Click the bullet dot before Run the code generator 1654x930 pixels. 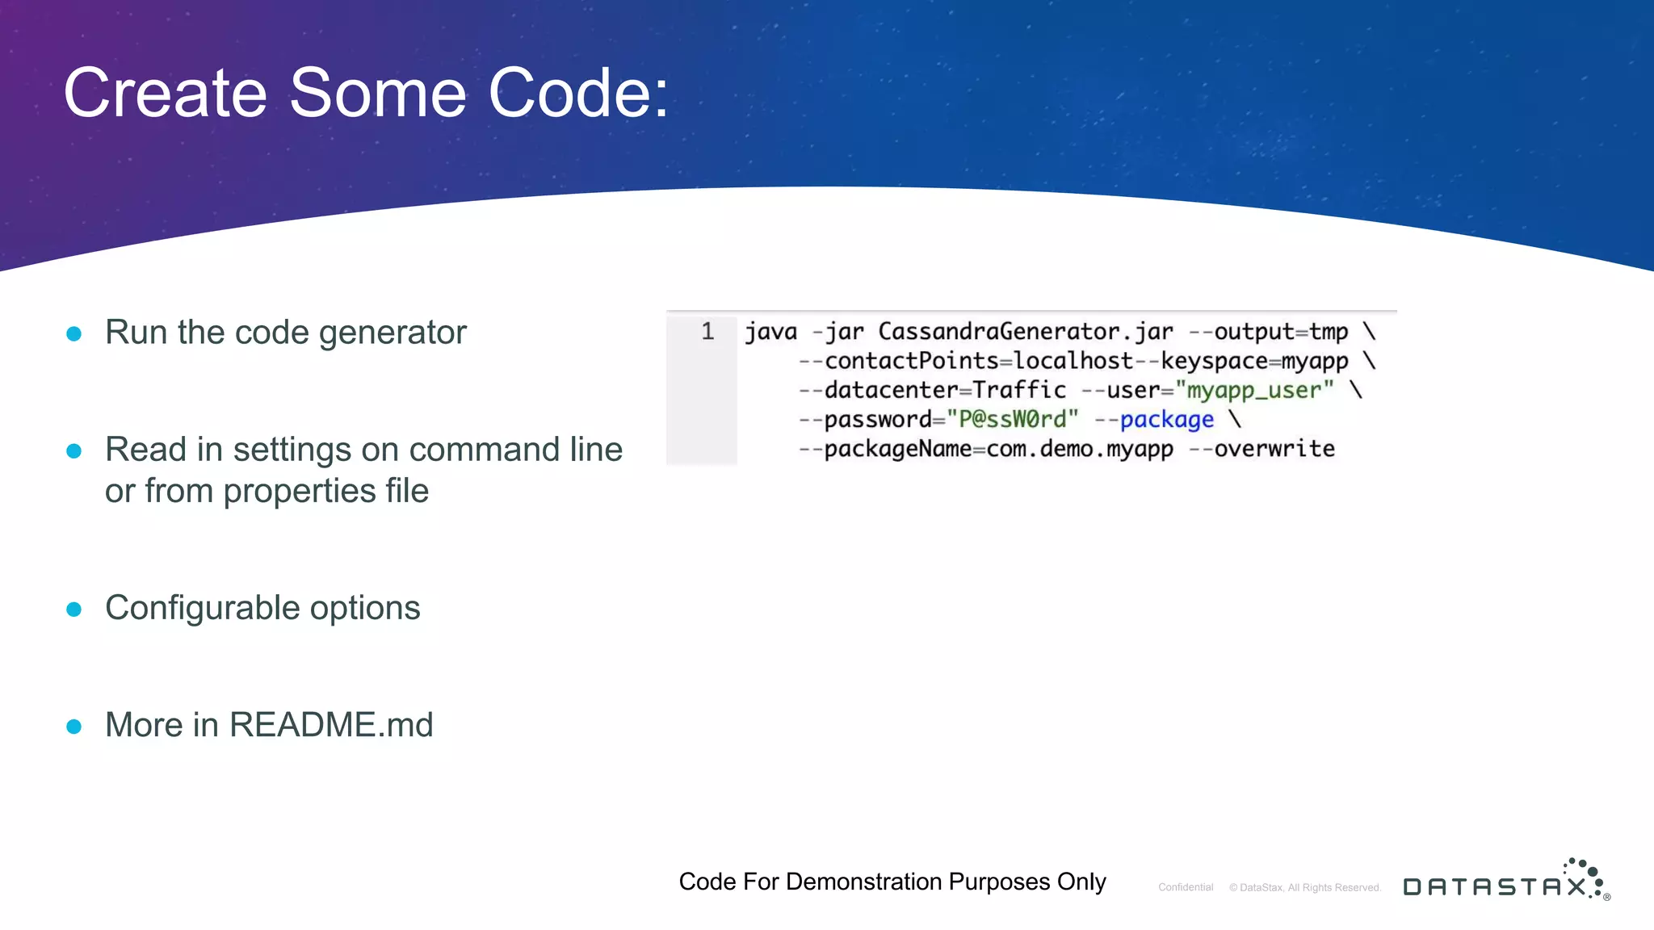(x=73, y=333)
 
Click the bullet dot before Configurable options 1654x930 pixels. (x=73, y=609)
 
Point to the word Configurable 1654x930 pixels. (x=202, y=609)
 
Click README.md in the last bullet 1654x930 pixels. (x=331, y=725)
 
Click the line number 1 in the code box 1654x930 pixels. (x=707, y=332)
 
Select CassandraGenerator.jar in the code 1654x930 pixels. (x=1025, y=332)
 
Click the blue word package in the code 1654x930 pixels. (x=1166, y=420)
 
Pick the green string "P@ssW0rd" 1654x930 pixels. (x=1013, y=420)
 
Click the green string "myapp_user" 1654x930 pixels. (x=1254, y=391)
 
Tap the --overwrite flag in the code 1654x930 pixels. (x=1261, y=449)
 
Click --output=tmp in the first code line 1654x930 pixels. (x=1268, y=332)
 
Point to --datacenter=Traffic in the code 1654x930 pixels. (x=932, y=391)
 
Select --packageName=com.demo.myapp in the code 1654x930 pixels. (x=985, y=449)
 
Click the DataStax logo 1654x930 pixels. (x=1505, y=882)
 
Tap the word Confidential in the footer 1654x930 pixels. (x=1186, y=887)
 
